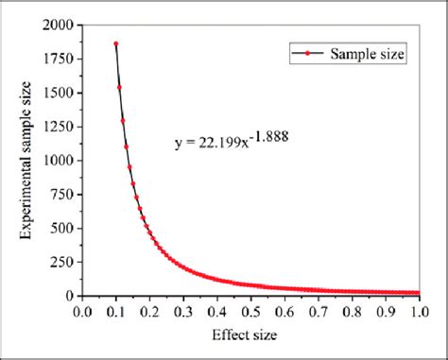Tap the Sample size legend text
pos(368,56)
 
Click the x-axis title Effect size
pos(250,335)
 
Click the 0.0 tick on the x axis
pos(82,309)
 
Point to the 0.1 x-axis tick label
pos(116,309)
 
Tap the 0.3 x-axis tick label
pos(183,309)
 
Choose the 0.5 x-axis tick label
pos(250,309)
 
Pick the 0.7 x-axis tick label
pos(318,309)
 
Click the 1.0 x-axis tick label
pos(418,309)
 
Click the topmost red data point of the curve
pos(115,43)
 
